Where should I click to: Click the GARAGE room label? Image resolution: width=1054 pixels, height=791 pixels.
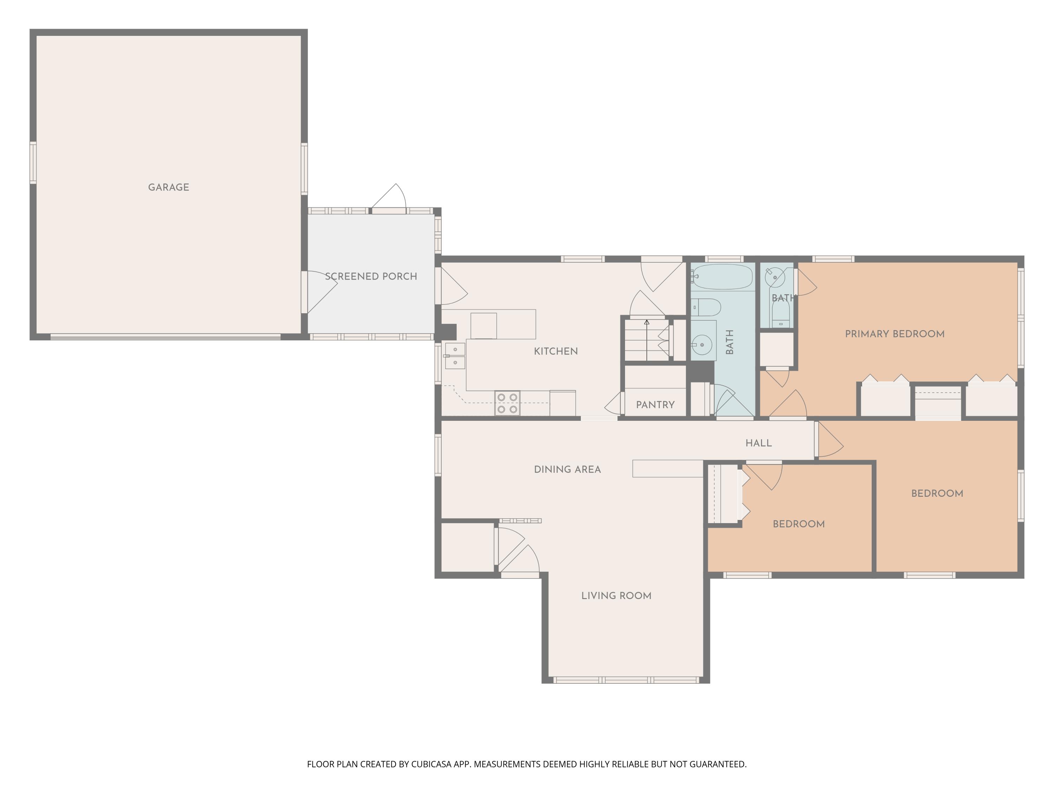coord(169,187)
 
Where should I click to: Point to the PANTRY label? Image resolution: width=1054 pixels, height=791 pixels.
coord(655,405)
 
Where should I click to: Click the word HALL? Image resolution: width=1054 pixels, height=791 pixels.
coord(759,443)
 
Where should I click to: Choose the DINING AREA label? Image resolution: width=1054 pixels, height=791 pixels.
coord(567,469)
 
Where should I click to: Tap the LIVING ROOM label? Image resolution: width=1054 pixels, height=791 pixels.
coord(616,596)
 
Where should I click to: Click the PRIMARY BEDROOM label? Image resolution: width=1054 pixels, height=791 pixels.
coord(895,334)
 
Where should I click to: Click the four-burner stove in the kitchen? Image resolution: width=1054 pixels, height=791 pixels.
coord(507,403)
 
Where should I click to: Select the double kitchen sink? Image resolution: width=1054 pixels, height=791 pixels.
coord(455,356)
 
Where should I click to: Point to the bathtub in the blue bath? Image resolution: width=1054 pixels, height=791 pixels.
coord(722,277)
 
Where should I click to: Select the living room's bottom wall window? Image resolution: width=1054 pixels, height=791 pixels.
coord(626,680)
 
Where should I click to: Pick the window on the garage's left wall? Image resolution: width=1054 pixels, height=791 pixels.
coord(33,162)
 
